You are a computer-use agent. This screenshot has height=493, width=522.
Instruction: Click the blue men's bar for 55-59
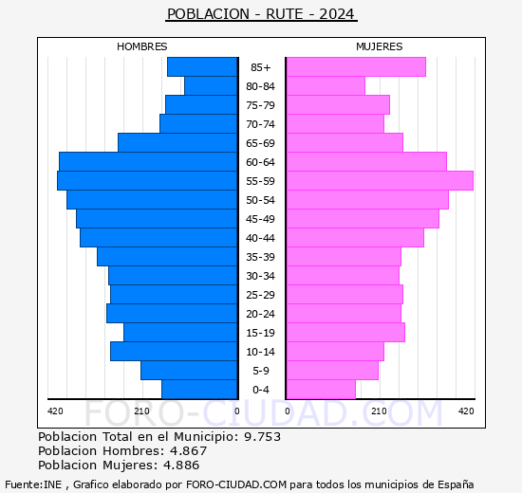[147, 180]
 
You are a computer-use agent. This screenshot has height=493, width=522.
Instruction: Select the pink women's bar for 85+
[355, 66]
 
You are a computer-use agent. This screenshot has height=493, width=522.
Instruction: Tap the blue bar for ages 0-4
[199, 389]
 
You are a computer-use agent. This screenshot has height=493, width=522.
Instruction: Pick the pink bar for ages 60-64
[365, 161]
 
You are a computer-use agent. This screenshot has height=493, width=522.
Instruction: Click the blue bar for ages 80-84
[210, 85]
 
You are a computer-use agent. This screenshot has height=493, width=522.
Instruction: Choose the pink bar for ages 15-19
[345, 332]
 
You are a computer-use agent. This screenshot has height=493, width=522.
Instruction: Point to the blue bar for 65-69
[177, 142]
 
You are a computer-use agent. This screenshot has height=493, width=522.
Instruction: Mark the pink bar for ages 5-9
[331, 370]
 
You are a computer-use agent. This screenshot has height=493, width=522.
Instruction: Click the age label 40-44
[260, 238]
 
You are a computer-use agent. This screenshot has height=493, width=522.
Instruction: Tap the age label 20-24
[260, 314]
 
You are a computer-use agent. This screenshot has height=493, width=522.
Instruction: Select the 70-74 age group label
[260, 124]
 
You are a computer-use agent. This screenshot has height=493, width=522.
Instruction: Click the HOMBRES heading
[142, 46]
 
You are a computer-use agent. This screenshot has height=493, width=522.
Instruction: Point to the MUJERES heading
[380, 46]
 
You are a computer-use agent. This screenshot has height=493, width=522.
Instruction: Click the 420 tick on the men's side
[55, 411]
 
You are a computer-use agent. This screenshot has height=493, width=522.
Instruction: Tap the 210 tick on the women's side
[378, 411]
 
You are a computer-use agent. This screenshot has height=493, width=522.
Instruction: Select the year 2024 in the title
[338, 14]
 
